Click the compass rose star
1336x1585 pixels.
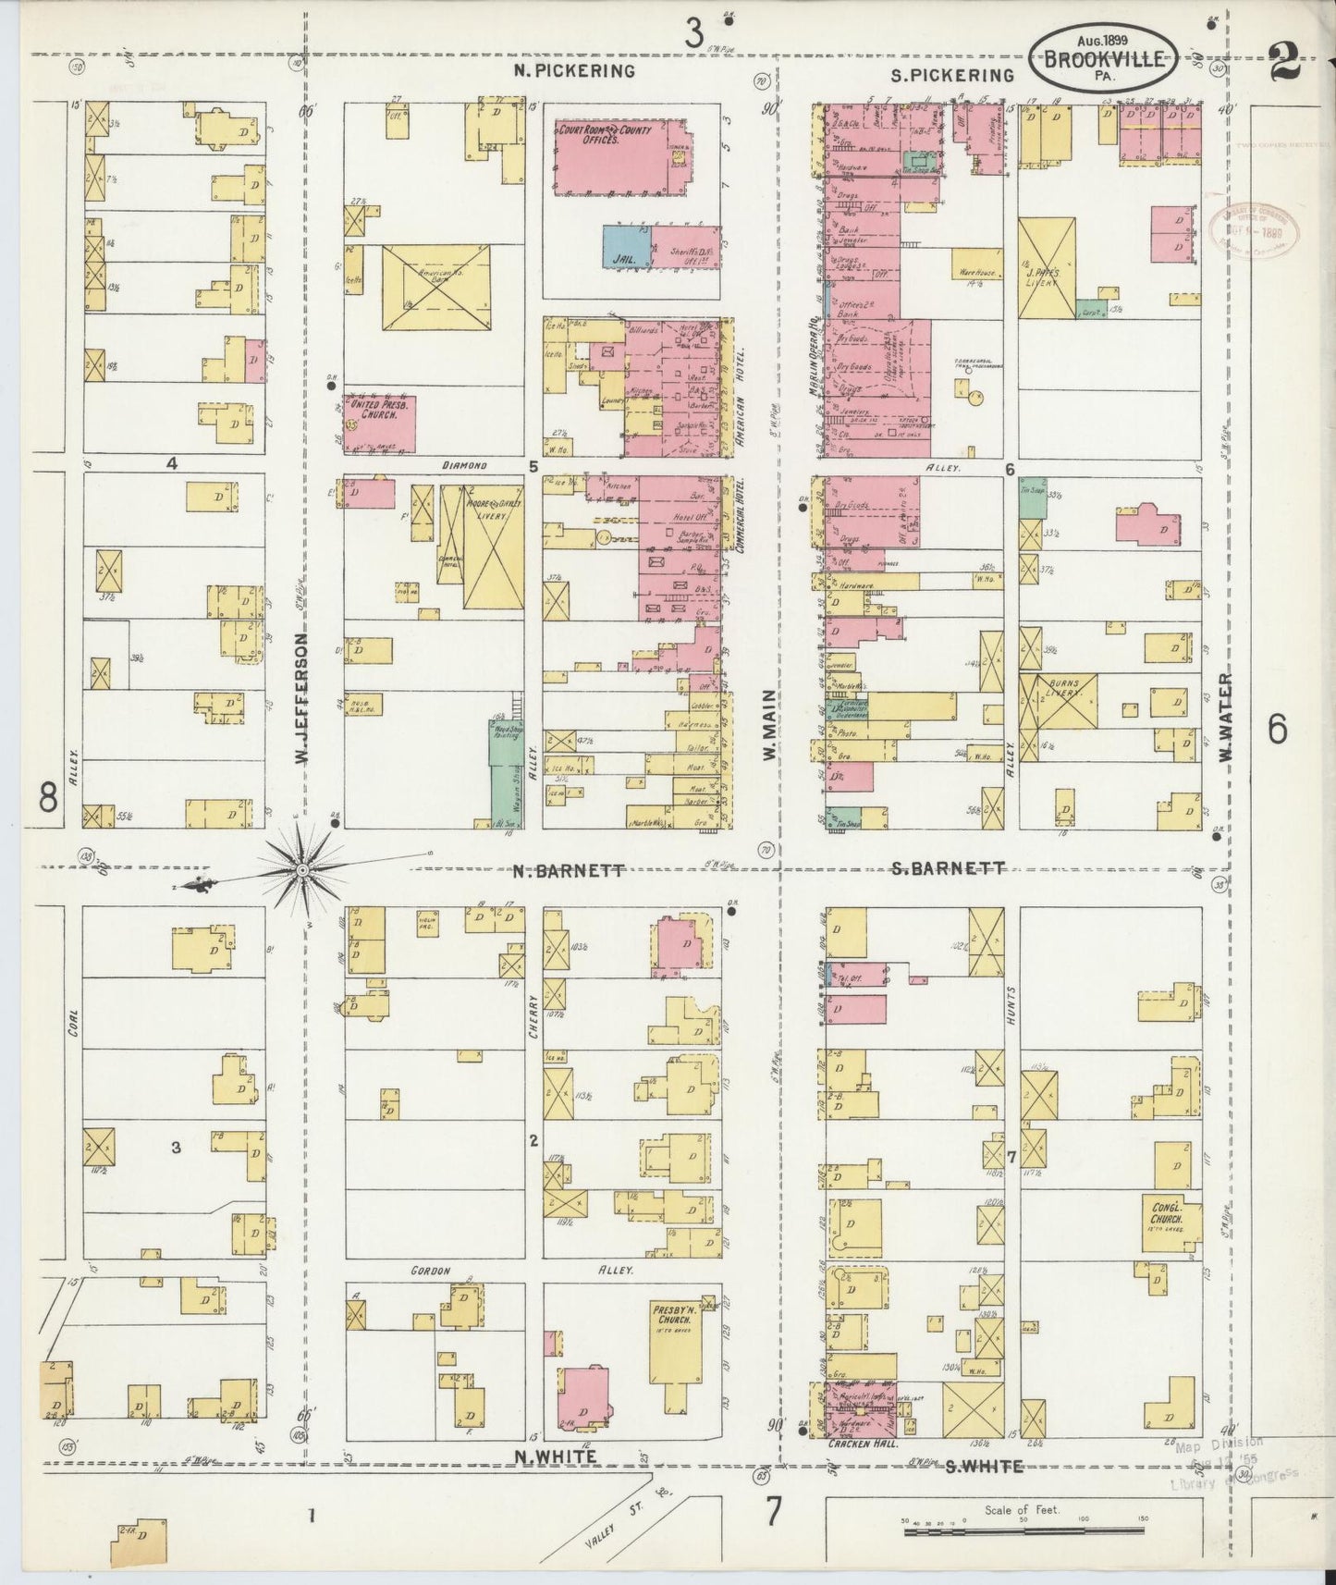tap(302, 869)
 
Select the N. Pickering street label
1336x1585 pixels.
tap(575, 71)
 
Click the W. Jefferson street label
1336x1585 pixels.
tap(300, 698)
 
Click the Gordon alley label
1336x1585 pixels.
tap(430, 1272)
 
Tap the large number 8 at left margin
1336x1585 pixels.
tap(48, 797)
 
